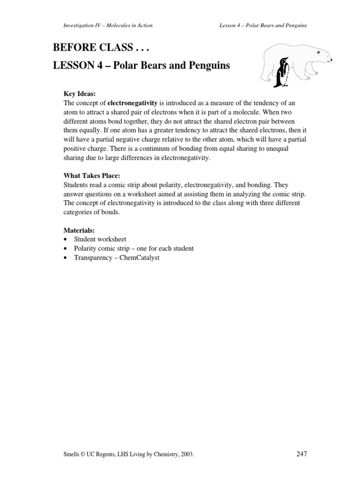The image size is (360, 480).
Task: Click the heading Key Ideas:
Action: (x=79, y=94)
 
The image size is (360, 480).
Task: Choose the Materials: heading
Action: (x=79, y=230)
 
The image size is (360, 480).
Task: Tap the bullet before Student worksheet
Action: (x=65, y=240)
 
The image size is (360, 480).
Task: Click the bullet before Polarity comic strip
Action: (x=65, y=248)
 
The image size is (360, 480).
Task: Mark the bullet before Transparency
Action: (x=65, y=258)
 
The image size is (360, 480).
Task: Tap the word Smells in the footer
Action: (x=61, y=454)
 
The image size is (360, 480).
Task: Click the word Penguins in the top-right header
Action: (x=296, y=25)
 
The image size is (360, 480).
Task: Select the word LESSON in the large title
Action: (x=74, y=66)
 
